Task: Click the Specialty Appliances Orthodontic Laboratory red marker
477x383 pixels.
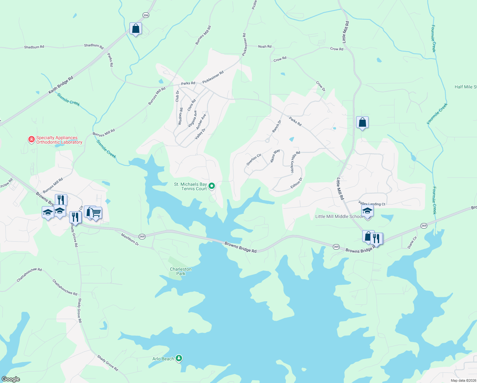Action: (x=31, y=139)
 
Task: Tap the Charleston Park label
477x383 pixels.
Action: (x=181, y=271)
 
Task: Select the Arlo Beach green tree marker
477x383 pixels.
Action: (x=179, y=358)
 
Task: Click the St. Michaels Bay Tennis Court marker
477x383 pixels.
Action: (x=211, y=186)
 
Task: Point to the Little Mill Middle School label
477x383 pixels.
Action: (x=339, y=216)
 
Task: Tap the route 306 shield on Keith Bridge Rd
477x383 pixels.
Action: (x=146, y=15)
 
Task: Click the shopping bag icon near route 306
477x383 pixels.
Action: (x=136, y=28)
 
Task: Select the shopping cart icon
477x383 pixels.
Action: (x=96, y=213)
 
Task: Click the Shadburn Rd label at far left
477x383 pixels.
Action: (x=34, y=47)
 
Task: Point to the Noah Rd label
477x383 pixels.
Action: (x=265, y=47)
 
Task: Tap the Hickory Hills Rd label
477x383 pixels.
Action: (x=295, y=162)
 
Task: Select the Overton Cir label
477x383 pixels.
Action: (x=254, y=159)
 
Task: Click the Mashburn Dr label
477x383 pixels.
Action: (x=130, y=239)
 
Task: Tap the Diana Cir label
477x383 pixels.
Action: (x=412, y=243)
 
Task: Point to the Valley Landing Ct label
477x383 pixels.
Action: (x=372, y=204)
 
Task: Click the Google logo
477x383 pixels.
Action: (x=11, y=379)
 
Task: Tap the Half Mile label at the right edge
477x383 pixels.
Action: (x=466, y=87)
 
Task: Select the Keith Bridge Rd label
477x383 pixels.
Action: (x=61, y=85)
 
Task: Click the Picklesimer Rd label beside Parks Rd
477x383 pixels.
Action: (x=213, y=77)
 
